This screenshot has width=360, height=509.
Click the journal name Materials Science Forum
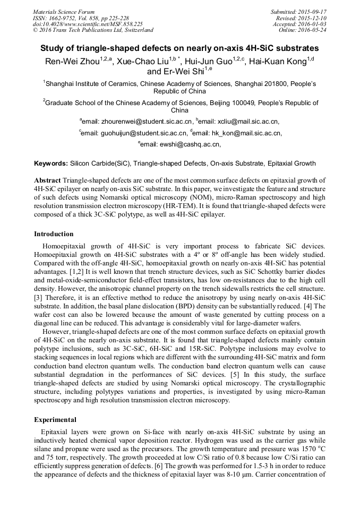pyautogui.click(x=64, y=11)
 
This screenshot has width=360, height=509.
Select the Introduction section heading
pyautogui.click(x=54, y=234)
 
